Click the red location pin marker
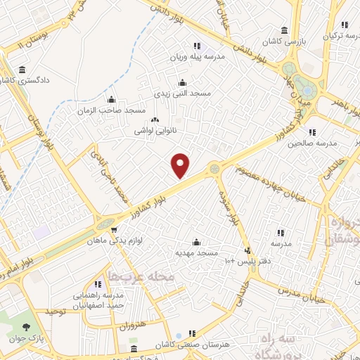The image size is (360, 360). (x=181, y=165)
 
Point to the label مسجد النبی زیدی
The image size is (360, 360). (x=182, y=92)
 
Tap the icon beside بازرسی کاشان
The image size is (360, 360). (x=283, y=30)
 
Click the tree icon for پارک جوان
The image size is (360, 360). (x=27, y=326)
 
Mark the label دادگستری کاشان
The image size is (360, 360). (x=30, y=81)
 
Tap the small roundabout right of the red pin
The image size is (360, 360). (x=214, y=169)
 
